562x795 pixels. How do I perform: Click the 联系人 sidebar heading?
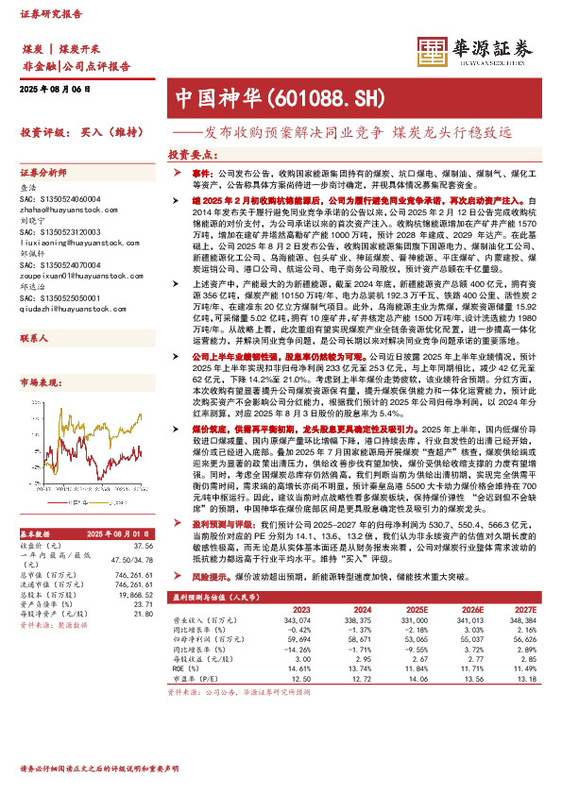34,337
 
